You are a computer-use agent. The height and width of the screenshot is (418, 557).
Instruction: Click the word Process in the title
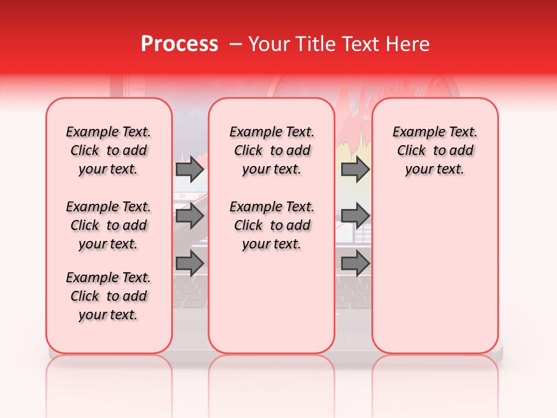coord(179,44)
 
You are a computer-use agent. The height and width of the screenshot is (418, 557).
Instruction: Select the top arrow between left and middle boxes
coord(190,170)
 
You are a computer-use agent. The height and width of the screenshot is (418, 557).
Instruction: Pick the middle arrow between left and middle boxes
coord(190,217)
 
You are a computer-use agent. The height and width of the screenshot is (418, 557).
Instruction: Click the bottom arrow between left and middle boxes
coord(190,264)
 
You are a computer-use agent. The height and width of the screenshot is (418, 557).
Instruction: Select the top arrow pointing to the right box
coord(355,170)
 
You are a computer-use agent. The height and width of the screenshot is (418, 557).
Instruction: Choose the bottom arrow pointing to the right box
coord(355,264)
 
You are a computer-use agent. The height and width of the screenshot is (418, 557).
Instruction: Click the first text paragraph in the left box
coord(108,150)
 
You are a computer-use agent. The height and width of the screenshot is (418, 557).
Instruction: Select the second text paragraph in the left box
coord(108,225)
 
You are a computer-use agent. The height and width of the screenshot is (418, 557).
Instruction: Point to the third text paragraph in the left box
coord(108,296)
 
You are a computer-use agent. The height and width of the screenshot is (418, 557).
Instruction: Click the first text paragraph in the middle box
coord(272,150)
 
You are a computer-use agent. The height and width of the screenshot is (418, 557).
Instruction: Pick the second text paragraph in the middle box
coord(272,225)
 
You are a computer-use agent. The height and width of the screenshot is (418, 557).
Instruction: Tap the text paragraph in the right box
coord(435,150)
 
